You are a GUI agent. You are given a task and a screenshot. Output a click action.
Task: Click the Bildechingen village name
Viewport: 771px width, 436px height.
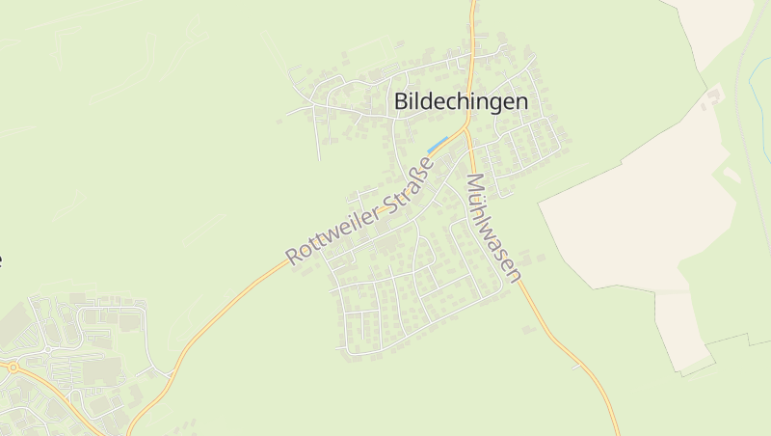click(461, 101)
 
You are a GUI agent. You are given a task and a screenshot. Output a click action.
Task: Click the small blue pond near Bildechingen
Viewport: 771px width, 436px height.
click(438, 145)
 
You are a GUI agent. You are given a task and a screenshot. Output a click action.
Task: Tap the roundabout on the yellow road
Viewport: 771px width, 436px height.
click(13, 367)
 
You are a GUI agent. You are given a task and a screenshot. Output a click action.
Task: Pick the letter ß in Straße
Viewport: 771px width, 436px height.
click(419, 171)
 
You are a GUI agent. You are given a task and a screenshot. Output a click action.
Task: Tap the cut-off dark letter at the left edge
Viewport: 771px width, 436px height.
click(1, 259)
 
